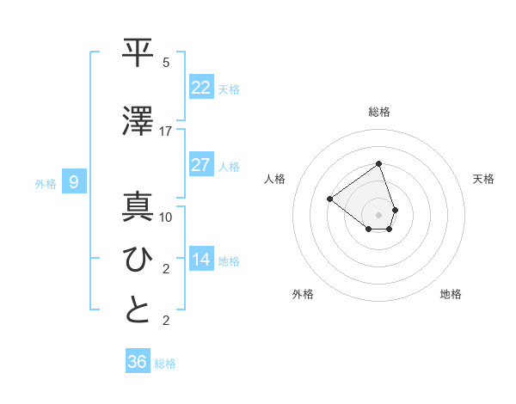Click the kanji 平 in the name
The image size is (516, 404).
[x=138, y=52]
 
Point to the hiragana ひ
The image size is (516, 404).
[x=138, y=259]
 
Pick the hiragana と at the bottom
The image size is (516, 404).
[x=138, y=310]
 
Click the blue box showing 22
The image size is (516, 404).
[x=201, y=88]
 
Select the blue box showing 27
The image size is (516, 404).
[x=201, y=165]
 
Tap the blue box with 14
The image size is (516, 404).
[x=201, y=260]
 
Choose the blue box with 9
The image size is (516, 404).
[x=74, y=182]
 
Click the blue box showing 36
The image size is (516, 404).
[x=138, y=362]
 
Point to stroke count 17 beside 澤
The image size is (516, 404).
[x=166, y=132]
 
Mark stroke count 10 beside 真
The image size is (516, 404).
[x=166, y=217]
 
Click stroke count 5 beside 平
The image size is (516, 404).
[x=166, y=63]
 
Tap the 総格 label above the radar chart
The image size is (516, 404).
[x=379, y=112]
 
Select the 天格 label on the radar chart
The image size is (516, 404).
[x=484, y=179]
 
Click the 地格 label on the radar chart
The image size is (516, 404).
[x=451, y=294]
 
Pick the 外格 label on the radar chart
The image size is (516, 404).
[x=303, y=294]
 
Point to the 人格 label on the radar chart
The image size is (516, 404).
[x=275, y=179]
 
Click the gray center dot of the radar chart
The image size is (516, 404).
[x=378, y=214]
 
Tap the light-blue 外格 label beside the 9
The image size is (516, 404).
[x=45, y=183]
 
